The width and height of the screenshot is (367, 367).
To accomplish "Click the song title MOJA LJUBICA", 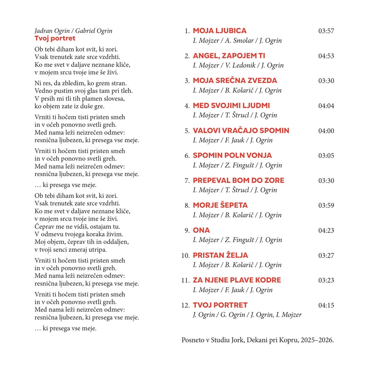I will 219,31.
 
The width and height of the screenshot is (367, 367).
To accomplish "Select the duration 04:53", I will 326,56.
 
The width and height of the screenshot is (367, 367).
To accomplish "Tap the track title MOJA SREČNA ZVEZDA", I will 235,81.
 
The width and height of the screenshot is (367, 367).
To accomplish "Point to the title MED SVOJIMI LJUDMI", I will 231,106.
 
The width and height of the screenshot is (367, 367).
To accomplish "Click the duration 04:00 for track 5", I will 326,131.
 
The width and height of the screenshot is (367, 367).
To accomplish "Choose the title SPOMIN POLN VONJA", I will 232,156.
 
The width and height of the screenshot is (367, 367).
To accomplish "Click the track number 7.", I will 187,181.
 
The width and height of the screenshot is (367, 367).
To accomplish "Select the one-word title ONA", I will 201,230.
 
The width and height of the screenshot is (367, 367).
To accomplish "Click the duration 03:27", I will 326,255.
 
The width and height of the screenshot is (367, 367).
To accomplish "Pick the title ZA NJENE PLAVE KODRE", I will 237,280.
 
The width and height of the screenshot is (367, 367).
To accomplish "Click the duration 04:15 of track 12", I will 326,305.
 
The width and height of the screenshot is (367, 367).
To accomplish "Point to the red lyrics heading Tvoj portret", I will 55,38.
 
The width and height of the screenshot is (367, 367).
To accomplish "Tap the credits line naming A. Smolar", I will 237,41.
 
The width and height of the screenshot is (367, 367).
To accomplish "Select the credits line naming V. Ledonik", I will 238,66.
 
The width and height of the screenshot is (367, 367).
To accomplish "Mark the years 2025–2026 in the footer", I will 317,340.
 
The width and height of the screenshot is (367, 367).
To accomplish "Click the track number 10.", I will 185,255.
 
